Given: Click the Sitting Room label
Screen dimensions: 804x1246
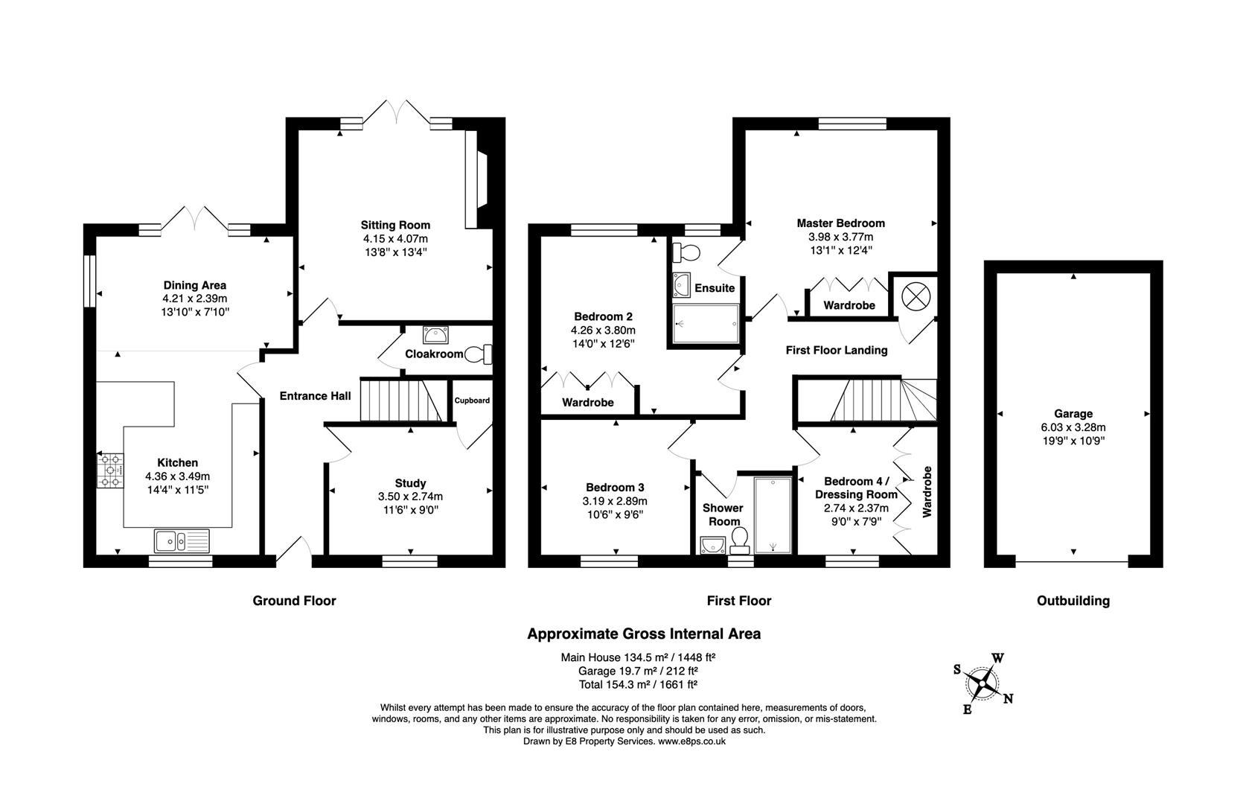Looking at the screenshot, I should click(x=395, y=225).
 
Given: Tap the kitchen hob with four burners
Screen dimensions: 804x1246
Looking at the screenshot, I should click(x=110, y=470).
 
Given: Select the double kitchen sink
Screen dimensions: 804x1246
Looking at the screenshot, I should click(x=182, y=540).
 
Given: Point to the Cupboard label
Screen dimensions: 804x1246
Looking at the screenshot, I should click(x=473, y=401).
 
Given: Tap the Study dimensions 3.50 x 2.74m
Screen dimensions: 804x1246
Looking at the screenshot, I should click(x=410, y=497).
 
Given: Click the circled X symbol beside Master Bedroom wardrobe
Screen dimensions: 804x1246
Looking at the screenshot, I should click(x=916, y=296).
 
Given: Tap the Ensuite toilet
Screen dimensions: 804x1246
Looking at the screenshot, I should click(x=686, y=253).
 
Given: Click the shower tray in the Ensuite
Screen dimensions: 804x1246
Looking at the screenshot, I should click(x=706, y=324).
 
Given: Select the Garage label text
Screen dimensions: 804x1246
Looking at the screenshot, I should click(x=1073, y=414).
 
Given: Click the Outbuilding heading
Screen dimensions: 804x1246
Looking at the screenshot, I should click(x=1073, y=601).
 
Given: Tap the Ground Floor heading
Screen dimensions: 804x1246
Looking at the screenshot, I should click(x=294, y=601).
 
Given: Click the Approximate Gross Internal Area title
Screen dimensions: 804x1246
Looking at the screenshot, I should click(x=644, y=634).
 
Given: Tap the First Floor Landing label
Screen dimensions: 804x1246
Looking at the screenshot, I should click(x=837, y=350).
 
